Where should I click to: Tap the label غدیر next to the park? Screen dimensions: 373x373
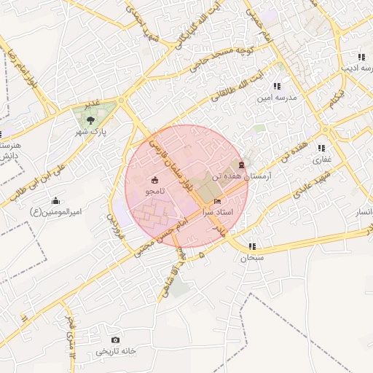[92, 106]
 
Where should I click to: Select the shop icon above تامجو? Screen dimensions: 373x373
[154, 180]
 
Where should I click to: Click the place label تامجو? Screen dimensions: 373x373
[154, 191]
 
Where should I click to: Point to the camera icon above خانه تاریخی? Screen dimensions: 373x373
[115, 340]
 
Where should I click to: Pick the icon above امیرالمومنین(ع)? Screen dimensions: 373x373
[56, 200]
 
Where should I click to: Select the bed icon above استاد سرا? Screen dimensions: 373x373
[217, 200]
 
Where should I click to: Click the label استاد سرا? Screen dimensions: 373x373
[218, 211]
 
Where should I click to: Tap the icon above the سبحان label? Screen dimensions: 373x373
[252, 246]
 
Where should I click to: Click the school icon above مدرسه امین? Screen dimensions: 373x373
[277, 86]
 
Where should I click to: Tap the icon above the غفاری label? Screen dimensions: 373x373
[322, 147]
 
